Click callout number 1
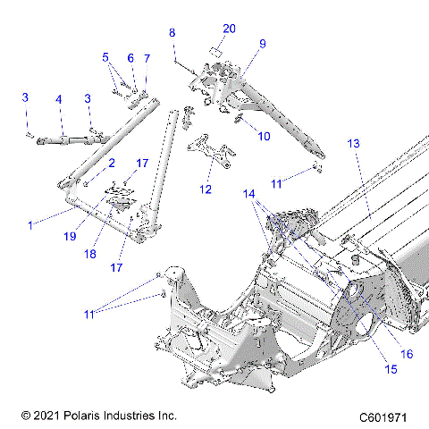[30, 225]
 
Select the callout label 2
[112, 164]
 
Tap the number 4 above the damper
[58, 99]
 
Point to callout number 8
[172, 33]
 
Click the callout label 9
[263, 43]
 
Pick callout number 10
[264, 136]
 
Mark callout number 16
[407, 355]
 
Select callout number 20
[229, 29]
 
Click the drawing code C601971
[390, 416]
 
